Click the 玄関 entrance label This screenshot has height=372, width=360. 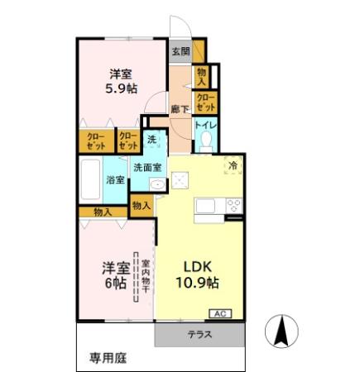181,51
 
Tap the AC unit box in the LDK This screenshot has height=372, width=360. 220,313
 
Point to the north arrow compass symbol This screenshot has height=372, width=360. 281,331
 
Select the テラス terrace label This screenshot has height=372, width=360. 199,335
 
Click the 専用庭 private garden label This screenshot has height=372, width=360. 108,358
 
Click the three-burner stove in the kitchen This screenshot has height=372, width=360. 234,206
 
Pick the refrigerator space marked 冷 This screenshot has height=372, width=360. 233,165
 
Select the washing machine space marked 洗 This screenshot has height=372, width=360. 152,139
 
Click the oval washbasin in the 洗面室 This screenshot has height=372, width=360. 157,184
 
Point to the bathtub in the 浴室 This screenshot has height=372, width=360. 90,179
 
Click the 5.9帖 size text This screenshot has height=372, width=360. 122,88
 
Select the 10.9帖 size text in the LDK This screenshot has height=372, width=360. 198,283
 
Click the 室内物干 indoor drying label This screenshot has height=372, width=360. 146,277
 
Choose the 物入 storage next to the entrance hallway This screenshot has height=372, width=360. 201,76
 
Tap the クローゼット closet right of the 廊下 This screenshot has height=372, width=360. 206,103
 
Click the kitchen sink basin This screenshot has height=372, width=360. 206,206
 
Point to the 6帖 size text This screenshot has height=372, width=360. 116,283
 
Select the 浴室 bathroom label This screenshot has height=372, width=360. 116,180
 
